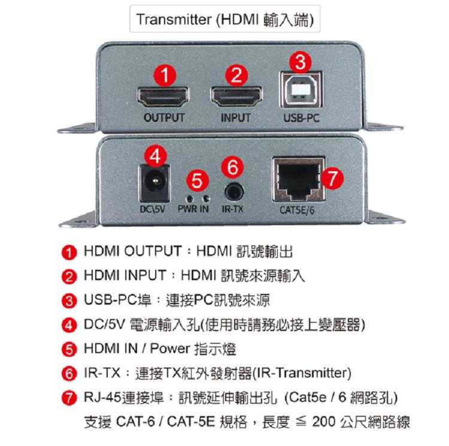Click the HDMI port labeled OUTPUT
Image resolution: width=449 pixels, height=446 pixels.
[x=163, y=97]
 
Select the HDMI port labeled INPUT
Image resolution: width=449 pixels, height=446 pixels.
[x=236, y=96]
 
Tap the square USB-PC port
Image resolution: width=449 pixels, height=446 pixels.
[x=301, y=90]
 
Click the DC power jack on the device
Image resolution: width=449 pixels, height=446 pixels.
[x=154, y=183]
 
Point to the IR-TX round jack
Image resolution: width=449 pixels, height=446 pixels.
[x=234, y=192]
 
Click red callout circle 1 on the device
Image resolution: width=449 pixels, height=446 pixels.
[x=165, y=75]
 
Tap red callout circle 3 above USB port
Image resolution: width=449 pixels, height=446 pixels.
[x=301, y=61]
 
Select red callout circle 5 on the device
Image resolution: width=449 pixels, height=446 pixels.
[x=198, y=180]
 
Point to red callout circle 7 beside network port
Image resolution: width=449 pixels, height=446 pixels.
[x=332, y=178]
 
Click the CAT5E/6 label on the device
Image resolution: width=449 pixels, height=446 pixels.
[x=297, y=210]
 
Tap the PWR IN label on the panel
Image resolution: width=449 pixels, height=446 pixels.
[x=193, y=209]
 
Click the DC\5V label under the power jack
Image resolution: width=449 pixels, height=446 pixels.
[x=152, y=210]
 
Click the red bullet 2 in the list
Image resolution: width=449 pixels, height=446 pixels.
[x=69, y=277]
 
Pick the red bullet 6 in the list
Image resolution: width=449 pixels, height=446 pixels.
[x=69, y=374]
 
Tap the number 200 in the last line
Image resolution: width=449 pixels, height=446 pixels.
[x=324, y=421]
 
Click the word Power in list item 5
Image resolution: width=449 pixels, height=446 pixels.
[x=170, y=348]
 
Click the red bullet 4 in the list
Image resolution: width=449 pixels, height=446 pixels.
[x=69, y=326]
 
